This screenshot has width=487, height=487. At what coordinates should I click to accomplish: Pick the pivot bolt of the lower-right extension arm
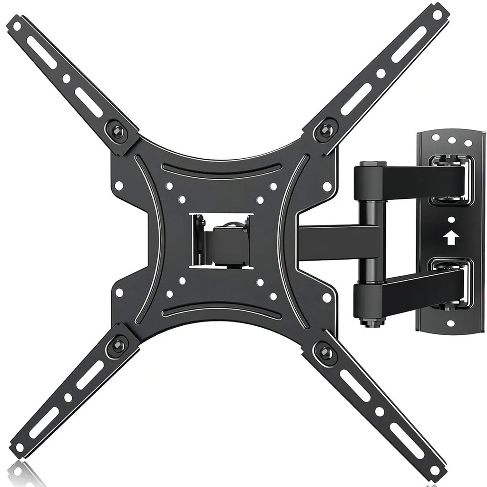tap(325, 353)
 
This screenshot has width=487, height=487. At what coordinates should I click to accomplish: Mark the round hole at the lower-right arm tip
tap(435, 469)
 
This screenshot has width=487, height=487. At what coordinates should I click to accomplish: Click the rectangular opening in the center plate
tap(222, 241)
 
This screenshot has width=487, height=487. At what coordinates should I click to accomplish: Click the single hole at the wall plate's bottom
tap(450, 323)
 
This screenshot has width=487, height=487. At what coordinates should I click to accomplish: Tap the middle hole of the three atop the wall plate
tap(451, 140)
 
